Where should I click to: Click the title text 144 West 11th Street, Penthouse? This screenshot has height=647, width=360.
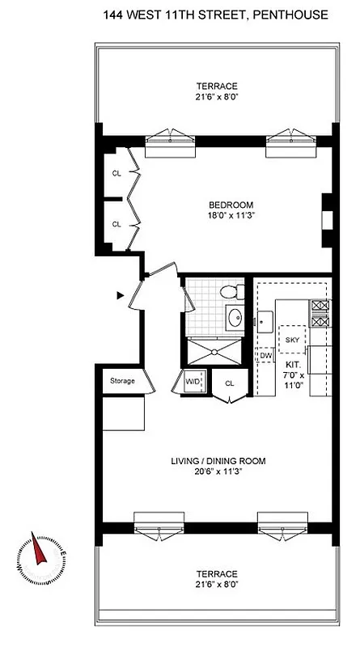click(x=216, y=15)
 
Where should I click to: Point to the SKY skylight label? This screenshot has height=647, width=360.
click(x=292, y=340)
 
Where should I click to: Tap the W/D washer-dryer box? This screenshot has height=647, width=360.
click(x=193, y=382)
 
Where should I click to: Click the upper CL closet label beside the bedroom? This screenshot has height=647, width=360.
click(x=116, y=173)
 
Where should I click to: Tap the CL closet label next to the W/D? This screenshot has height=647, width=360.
click(x=229, y=383)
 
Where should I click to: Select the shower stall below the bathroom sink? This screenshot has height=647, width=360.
click(x=214, y=350)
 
